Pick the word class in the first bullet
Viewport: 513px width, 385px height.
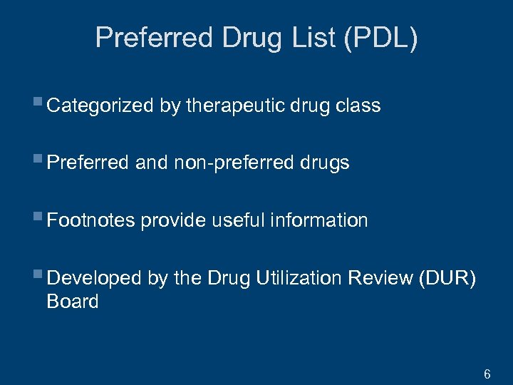click(x=358, y=106)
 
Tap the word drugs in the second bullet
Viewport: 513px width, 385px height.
click(x=324, y=163)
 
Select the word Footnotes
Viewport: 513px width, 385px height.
click(x=90, y=220)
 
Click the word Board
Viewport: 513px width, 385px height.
click(x=72, y=302)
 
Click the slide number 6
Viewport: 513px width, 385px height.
click(x=487, y=374)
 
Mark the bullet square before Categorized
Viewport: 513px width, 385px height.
click(x=38, y=104)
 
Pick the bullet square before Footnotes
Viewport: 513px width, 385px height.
click(x=38, y=218)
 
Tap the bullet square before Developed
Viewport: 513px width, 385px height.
click(x=38, y=276)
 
